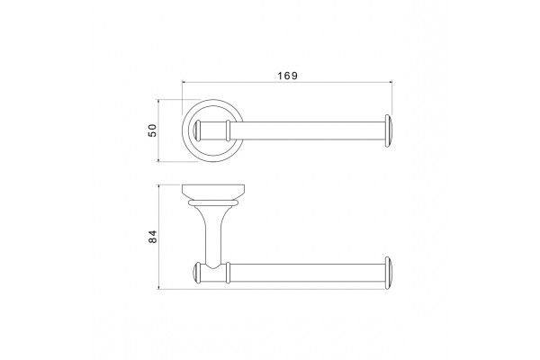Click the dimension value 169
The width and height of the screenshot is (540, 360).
click(x=288, y=76)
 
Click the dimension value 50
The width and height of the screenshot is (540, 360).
click(x=152, y=130)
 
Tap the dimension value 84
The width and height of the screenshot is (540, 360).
click(x=152, y=237)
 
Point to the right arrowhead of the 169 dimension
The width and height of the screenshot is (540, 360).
click(x=391, y=82)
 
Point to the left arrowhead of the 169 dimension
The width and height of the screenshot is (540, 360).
click(x=184, y=82)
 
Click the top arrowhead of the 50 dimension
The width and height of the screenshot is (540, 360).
click(x=158, y=102)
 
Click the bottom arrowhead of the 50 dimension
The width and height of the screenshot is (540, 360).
click(x=158, y=159)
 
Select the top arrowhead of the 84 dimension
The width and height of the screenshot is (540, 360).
click(x=158, y=186)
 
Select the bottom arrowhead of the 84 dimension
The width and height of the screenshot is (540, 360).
click(x=158, y=287)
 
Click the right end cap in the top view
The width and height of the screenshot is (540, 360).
click(x=388, y=130)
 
